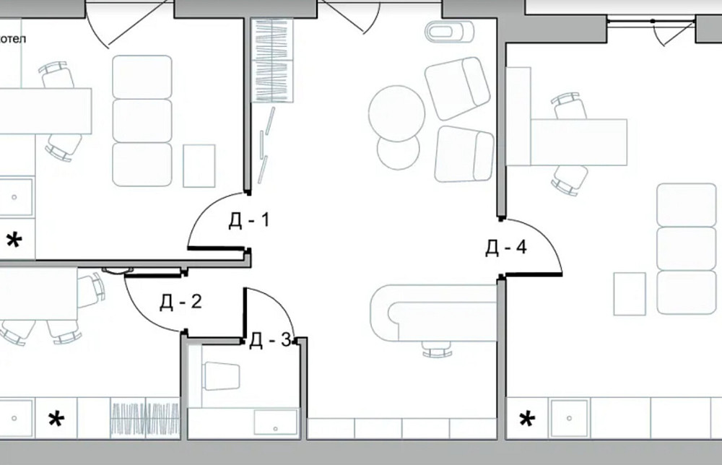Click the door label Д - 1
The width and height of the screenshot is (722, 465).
click(x=248, y=220)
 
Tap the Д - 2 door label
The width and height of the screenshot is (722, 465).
click(x=180, y=302)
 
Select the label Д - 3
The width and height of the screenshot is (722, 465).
click(x=270, y=341)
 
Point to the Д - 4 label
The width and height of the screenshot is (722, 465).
click(x=505, y=248)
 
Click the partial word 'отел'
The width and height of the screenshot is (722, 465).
click(x=13, y=39)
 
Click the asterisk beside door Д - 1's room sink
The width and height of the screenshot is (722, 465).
click(x=14, y=240)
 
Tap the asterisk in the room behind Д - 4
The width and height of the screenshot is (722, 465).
click(x=527, y=419)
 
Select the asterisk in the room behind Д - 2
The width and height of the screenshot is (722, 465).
click(x=56, y=419)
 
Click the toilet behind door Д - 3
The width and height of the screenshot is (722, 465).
click(x=222, y=375)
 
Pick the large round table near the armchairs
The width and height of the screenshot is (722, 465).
click(x=396, y=113)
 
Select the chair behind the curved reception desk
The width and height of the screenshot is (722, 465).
click(x=437, y=348)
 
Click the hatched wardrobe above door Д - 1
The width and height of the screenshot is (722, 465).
click(x=273, y=60)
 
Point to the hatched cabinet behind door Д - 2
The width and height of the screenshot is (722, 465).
click(x=145, y=418)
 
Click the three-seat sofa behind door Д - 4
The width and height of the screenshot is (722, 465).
click(x=687, y=248)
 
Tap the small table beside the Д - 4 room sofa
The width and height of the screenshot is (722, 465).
click(x=630, y=294)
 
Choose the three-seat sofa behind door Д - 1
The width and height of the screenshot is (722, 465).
click(x=142, y=121)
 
